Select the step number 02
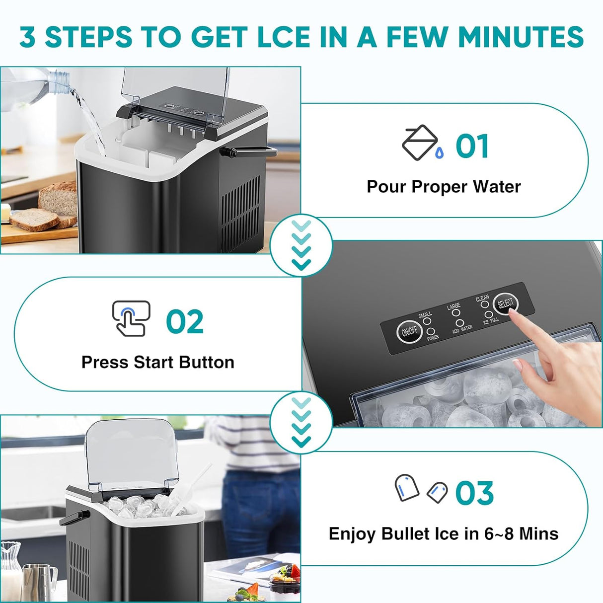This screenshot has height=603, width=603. click(x=185, y=321)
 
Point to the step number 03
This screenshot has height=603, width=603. click(x=474, y=493)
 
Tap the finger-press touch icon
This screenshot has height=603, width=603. click(x=131, y=318)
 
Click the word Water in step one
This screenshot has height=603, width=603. click(x=496, y=187)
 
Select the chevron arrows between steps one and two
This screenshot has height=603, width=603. click(x=301, y=245)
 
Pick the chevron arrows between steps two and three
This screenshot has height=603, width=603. click(x=301, y=422)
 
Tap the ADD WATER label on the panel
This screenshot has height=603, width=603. click(x=462, y=329)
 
